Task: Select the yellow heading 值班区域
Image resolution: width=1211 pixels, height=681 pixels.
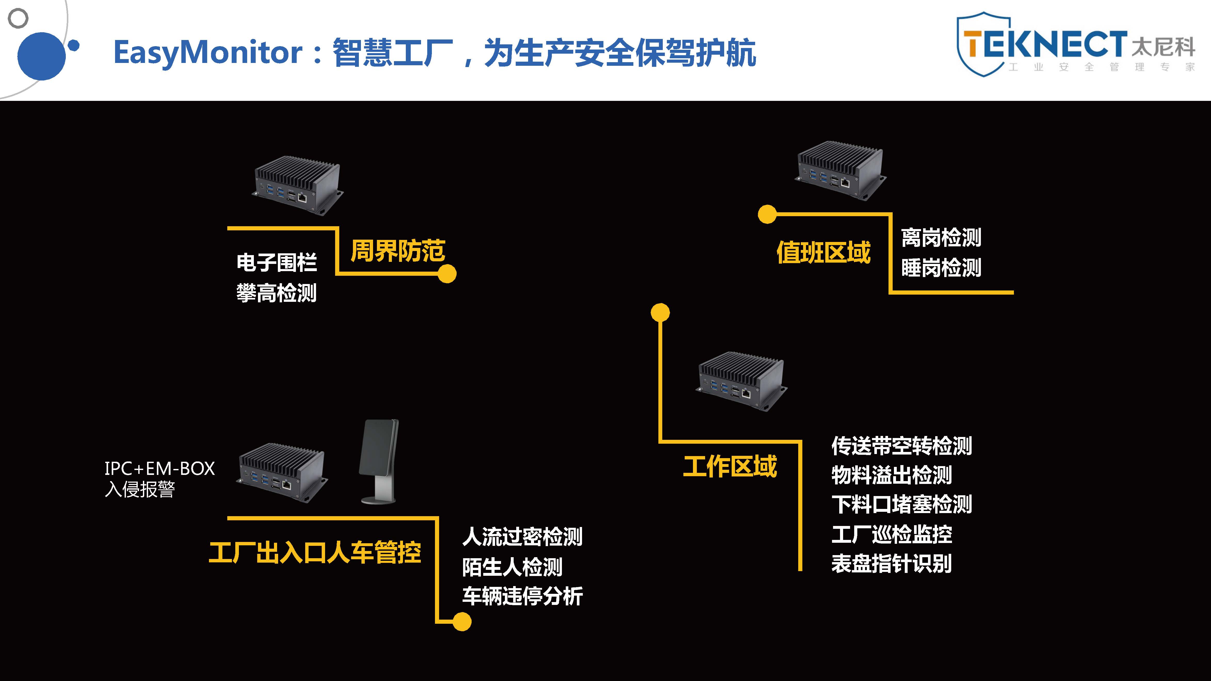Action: [823, 252]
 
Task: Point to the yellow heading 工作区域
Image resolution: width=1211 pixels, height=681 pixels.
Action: [730, 467]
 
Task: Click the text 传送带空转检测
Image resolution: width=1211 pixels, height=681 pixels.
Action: [901, 445]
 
